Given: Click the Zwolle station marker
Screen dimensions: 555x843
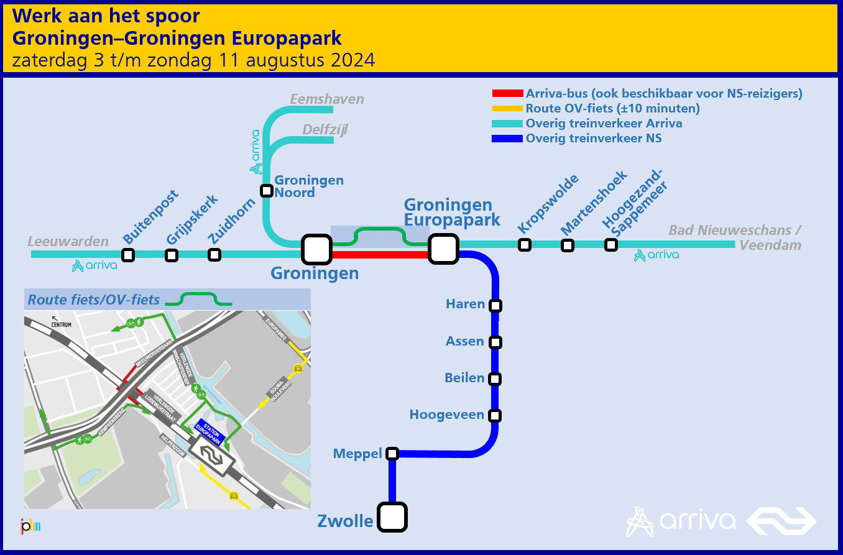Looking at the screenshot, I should pyautogui.click(x=392, y=517).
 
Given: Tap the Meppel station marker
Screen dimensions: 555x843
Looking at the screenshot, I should pyautogui.click(x=392, y=453).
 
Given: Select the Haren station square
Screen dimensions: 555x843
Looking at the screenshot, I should pyautogui.click(x=495, y=306).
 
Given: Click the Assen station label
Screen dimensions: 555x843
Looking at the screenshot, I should pyautogui.click(x=464, y=341).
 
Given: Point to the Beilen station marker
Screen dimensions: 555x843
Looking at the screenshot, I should pyautogui.click(x=495, y=378).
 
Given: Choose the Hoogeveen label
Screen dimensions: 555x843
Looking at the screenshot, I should pyautogui.click(x=446, y=415).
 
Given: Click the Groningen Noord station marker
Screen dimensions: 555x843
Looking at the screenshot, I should pyautogui.click(x=267, y=190).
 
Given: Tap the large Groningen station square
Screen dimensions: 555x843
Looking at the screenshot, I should pyautogui.click(x=316, y=250).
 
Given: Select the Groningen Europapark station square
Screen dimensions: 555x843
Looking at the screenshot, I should pyautogui.click(x=443, y=250).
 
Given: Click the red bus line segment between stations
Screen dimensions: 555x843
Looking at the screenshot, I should pyautogui.click(x=380, y=254).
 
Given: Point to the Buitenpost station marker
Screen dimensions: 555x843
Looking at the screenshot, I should pyautogui.click(x=128, y=255).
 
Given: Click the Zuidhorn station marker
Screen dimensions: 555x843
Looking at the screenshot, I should pyautogui.click(x=214, y=255).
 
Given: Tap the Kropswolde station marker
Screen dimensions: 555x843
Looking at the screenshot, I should pyautogui.click(x=525, y=245).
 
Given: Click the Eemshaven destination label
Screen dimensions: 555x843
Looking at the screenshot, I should pyautogui.click(x=327, y=99).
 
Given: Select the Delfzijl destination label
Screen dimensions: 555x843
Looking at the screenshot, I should pyautogui.click(x=325, y=129).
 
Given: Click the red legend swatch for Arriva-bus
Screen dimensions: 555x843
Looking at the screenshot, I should pyautogui.click(x=507, y=94).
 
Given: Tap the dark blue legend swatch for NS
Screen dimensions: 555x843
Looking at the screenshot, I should pyautogui.click(x=507, y=139).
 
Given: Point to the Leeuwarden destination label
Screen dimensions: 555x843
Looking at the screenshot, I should pyautogui.click(x=68, y=241).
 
